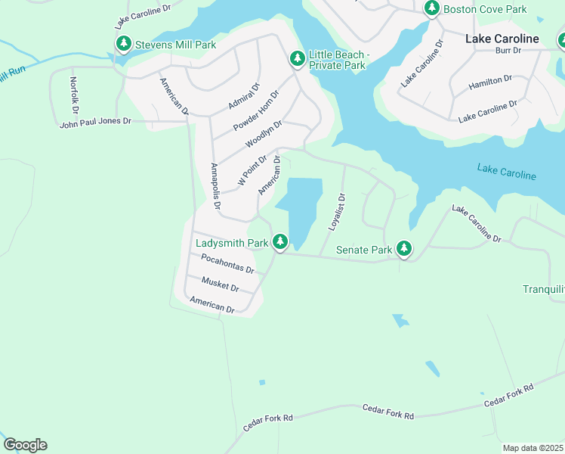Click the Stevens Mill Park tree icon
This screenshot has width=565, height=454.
pos(123,44)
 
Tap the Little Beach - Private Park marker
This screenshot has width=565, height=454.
pos(298,58)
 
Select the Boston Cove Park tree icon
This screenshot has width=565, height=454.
pos(431,8)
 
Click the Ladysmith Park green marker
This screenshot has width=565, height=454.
pos(280,242)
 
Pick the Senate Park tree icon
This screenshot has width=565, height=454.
pos(404,248)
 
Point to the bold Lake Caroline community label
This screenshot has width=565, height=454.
pos(502,39)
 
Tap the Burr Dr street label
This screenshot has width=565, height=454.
pos(508,51)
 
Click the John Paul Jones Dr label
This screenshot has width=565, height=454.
pos(95,121)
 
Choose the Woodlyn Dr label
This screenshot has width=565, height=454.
pos(264,134)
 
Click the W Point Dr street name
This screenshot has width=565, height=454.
pos(252,169)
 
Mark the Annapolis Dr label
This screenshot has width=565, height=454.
pos(215,185)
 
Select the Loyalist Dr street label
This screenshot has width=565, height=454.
pos(336,212)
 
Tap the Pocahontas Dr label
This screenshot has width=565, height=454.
pos(227,263)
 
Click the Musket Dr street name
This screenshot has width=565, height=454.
pos(220,285)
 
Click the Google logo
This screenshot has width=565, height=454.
pos(25,445)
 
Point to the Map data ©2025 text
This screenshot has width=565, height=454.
pos(533,448)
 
